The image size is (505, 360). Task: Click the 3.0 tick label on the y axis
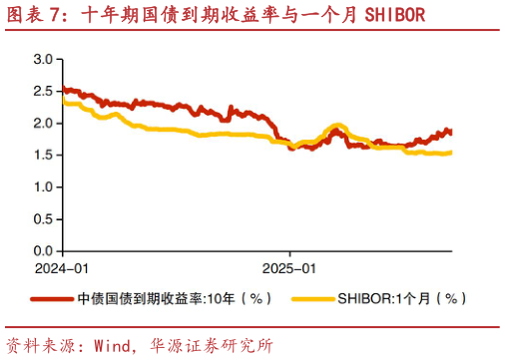point(42,60)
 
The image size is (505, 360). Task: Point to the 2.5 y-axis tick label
point(42,92)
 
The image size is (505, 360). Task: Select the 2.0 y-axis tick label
point(42,124)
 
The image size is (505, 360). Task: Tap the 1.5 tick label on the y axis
point(42,156)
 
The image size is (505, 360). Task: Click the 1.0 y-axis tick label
point(42,187)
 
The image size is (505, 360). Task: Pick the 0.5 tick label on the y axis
point(42,219)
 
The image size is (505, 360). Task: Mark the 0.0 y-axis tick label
point(42,251)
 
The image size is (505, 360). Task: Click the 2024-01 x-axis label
point(62,268)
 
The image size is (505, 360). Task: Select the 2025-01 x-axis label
point(289,268)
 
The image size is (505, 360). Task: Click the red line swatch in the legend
point(52,298)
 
